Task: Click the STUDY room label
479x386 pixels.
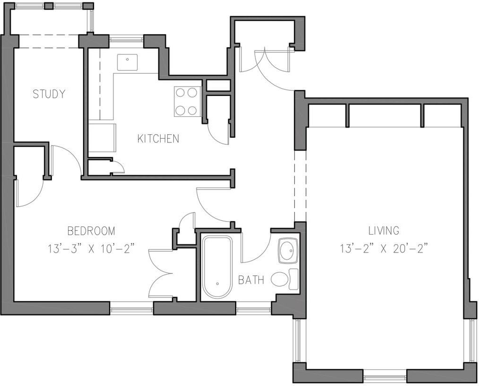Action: click(x=49, y=94)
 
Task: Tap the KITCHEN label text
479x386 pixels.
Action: click(x=158, y=139)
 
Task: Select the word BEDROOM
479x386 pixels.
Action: click(x=91, y=231)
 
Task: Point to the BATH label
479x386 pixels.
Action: click(x=251, y=280)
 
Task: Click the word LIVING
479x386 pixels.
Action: click(x=384, y=230)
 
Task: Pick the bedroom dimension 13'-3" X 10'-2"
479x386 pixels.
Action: click(x=91, y=248)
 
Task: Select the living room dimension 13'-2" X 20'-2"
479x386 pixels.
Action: click(x=384, y=248)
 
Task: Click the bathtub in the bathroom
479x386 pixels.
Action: click(x=217, y=267)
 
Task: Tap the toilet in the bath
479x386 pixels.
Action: click(x=284, y=279)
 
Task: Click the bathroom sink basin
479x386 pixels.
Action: click(x=288, y=251)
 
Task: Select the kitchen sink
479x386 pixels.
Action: click(x=127, y=63)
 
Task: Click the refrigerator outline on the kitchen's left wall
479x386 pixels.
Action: click(x=103, y=138)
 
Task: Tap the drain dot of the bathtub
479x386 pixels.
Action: click(x=217, y=283)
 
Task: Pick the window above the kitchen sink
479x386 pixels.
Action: click(x=126, y=39)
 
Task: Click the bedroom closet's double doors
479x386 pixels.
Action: click(x=161, y=273)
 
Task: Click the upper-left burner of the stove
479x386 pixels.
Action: click(x=181, y=93)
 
